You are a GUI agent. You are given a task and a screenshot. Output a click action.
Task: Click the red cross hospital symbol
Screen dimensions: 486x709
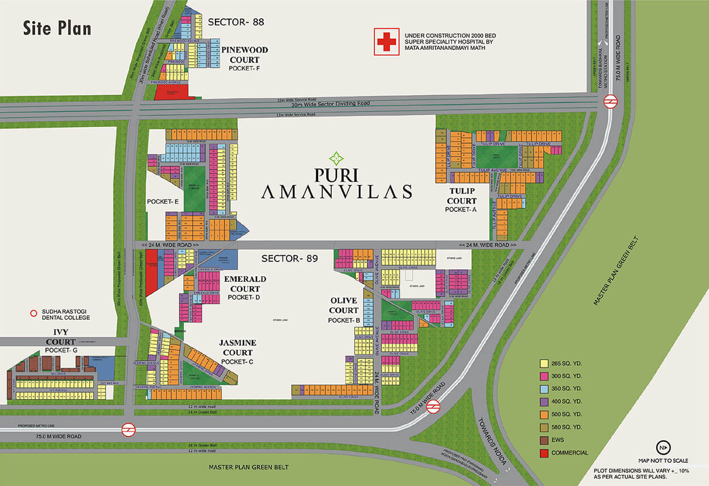(x=386, y=42)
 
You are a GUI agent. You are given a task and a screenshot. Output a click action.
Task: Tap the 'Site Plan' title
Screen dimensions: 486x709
(x=57, y=28)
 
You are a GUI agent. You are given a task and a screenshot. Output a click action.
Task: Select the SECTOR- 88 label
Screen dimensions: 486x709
(x=236, y=23)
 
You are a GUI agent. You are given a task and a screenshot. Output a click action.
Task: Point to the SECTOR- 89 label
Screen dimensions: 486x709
(x=289, y=259)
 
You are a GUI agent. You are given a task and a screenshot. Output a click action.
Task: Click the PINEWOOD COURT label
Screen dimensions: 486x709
(x=244, y=55)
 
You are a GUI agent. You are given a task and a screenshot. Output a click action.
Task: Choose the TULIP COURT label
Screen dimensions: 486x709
(x=461, y=196)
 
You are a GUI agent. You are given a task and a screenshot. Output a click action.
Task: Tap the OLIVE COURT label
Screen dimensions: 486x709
(x=344, y=305)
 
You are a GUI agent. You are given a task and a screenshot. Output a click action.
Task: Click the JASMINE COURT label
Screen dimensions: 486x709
(x=238, y=348)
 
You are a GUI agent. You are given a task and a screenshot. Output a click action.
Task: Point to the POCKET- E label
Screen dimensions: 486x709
(x=163, y=201)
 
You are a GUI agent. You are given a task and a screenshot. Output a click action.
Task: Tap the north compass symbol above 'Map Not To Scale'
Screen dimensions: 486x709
(x=661, y=447)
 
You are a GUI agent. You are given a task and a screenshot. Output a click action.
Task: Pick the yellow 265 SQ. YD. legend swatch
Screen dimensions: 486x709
(x=543, y=363)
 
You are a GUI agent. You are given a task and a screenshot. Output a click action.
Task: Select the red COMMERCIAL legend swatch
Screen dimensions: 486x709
(x=543, y=453)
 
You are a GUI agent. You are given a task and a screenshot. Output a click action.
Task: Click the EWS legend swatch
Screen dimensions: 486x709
(x=543, y=440)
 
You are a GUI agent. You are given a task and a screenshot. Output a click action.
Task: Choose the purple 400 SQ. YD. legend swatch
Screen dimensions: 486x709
(x=543, y=402)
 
